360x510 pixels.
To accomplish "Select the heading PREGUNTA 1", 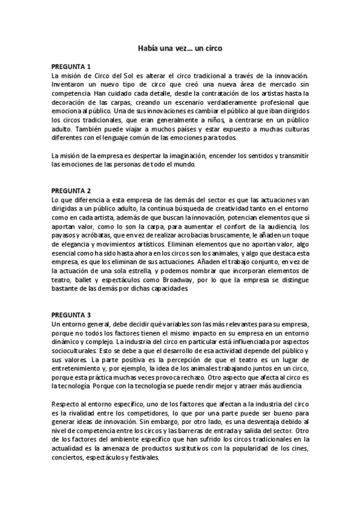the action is click(71, 67).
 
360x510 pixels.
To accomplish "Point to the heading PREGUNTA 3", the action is click(71, 315).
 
